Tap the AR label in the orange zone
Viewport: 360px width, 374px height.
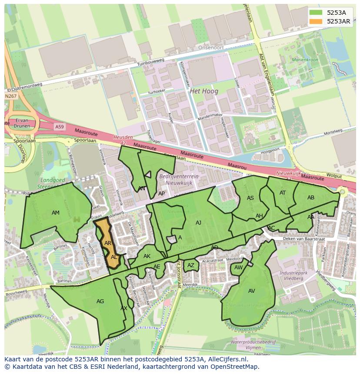[108, 243]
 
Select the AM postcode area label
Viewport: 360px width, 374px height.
[56, 213]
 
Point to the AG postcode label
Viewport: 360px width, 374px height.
[100, 301]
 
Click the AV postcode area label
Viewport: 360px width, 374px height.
[251, 291]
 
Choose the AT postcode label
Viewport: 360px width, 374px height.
[283, 193]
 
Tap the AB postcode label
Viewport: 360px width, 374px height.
[310, 198]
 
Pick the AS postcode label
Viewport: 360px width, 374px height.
[250, 198]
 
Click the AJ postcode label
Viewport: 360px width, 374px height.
[198, 223]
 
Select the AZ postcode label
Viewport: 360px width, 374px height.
[190, 265]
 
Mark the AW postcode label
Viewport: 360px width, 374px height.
[238, 268]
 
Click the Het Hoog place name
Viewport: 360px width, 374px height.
[204, 91]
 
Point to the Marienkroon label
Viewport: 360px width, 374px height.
[305, 60]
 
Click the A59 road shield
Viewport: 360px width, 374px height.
[59, 126]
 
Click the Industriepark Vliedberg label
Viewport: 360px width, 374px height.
[291, 275]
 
